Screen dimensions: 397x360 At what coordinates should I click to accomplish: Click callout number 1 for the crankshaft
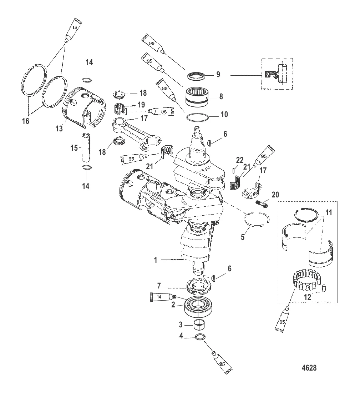[x=156, y=260]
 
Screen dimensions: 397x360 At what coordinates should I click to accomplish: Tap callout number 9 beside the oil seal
[x=218, y=75]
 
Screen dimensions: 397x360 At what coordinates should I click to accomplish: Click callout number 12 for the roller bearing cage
[x=308, y=296]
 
